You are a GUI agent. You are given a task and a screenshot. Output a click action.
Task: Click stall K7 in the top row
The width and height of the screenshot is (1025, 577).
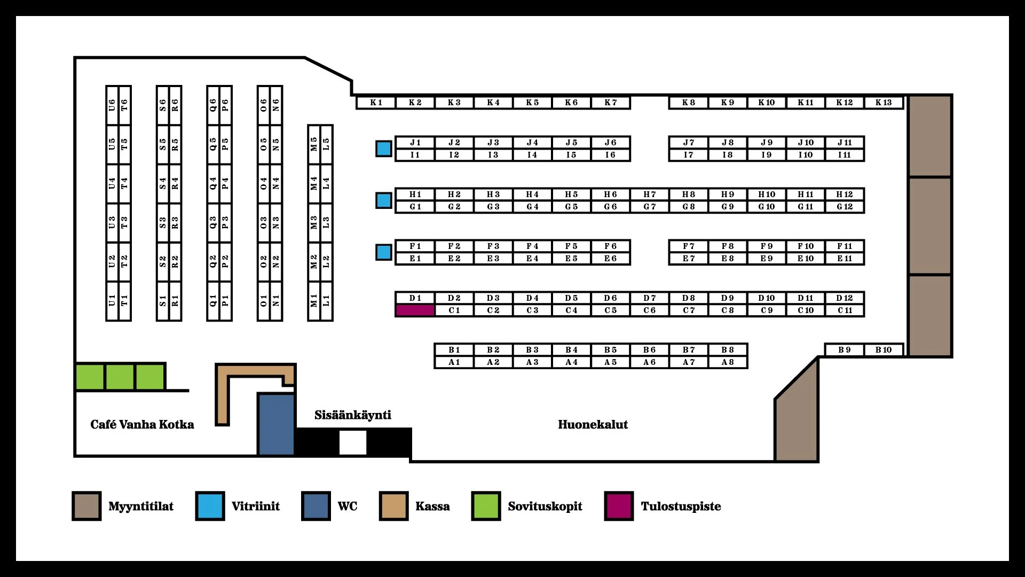pyautogui.click(x=611, y=102)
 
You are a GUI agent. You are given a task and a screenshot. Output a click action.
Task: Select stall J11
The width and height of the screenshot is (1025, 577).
pyautogui.click(x=845, y=142)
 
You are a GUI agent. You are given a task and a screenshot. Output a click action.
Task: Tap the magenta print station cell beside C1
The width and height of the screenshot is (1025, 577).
pyautogui.click(x=415, y=310)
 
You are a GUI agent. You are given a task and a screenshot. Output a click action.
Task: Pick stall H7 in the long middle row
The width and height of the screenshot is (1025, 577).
pyautogui.click(x=650, y=194)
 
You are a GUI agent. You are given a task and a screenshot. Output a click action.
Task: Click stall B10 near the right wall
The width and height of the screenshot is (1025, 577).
pyautogui.click(x=884, y=350)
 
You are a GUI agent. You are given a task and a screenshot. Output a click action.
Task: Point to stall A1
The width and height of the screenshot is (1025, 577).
pyautogui.click(x=454, y=362)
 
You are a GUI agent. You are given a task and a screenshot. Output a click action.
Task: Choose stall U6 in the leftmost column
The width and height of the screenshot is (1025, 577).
pyautogui.click(x=112, y=105)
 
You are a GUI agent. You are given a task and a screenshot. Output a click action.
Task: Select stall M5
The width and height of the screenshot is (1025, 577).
pyautogui.click(x=314, y=144)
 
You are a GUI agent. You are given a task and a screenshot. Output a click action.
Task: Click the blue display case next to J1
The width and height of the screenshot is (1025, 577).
pyautogui.click(x=384, y=149)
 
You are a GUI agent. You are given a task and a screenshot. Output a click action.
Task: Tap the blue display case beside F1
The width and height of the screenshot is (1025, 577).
pyautogui.click(x=384, y=252)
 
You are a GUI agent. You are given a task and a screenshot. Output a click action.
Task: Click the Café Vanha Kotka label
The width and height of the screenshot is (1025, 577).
pyautogui.click(x=142, y=425)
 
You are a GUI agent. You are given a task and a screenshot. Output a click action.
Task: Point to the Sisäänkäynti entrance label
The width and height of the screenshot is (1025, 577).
pyautogui.click(x=353, y=415)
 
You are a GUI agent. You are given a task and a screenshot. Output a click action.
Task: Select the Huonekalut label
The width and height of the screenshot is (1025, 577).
pyautogui.click(x=593, y=425)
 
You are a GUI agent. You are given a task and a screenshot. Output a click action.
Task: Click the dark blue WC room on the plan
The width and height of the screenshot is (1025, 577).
pyautogui.click(x=276, y=425)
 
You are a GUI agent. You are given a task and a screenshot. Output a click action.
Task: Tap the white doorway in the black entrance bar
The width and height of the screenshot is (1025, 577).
pyautogui.click(x=353, y=443)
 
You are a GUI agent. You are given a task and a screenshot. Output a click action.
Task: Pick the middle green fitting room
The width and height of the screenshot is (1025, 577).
pyautogui.click(x=120, y=377)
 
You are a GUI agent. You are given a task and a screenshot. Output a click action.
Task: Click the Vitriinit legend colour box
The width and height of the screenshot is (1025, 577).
pyautogui.click(x=210, y=506)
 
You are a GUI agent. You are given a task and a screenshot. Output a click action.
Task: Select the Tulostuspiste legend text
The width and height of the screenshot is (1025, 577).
pyautogui.click(x=681, y=506)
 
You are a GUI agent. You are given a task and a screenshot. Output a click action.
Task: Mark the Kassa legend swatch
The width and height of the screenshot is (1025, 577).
pyautogui.click(x=393, y=506)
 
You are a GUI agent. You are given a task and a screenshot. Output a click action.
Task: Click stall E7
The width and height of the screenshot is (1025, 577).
pyautogui.click(x=689, y=259)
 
